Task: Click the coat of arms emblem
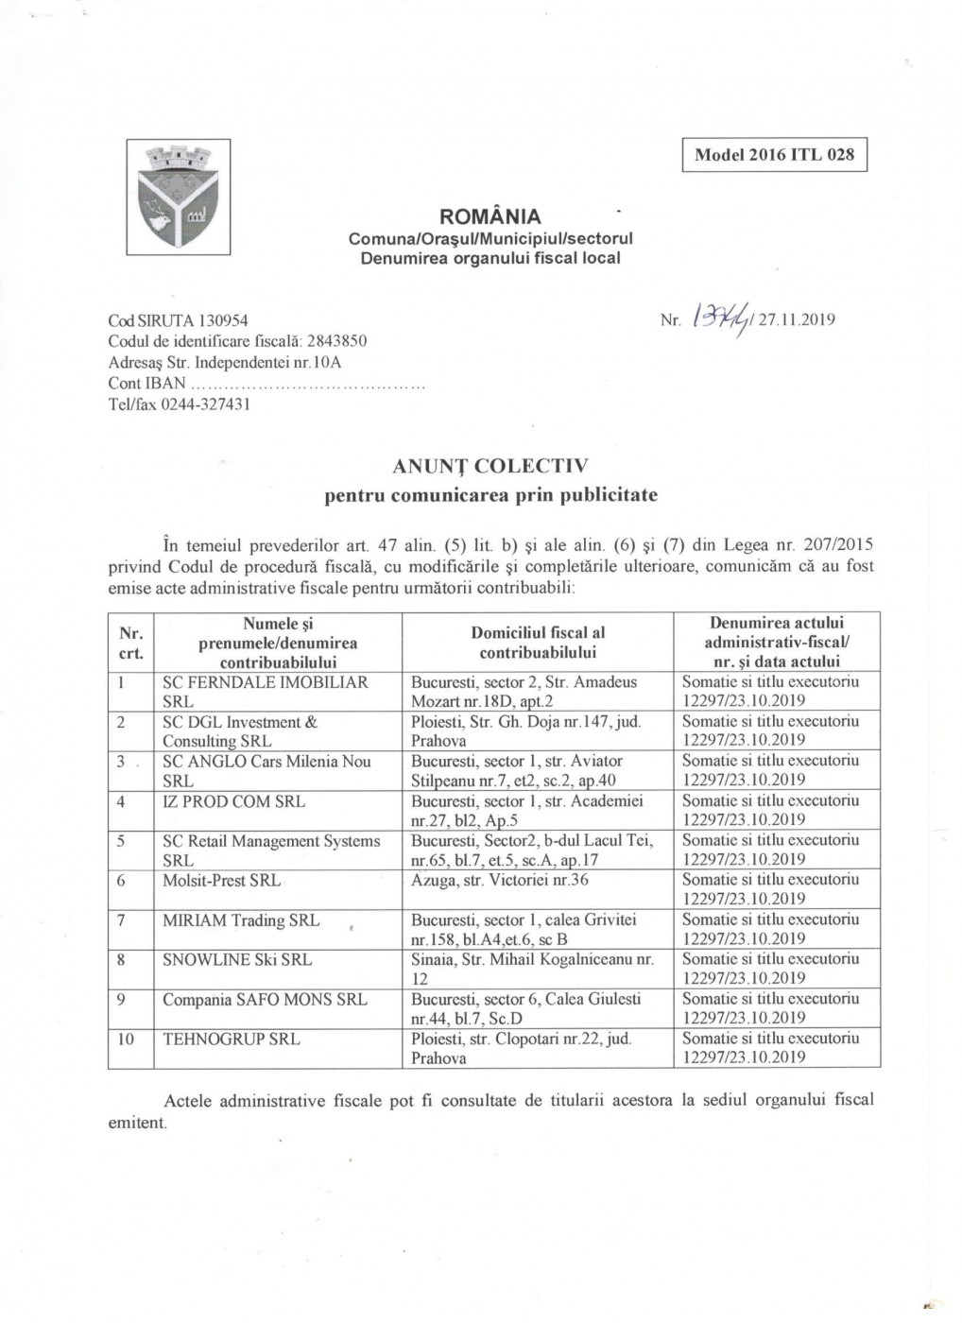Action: click(179, 197)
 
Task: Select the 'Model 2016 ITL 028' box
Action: click(774, 155)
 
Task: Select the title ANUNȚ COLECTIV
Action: click(490, 466)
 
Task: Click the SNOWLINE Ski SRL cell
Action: click(237, 959)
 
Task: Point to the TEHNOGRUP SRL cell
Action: click(232, 1039)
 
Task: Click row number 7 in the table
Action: click(122, 919)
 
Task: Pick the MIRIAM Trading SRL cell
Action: click(241, 919)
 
